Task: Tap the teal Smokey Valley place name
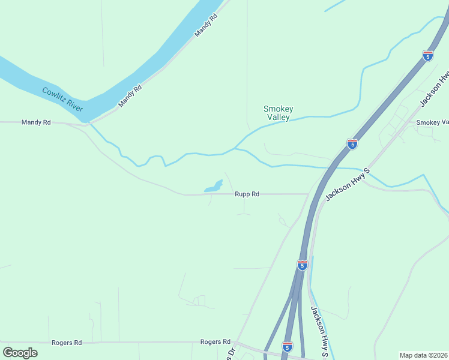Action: pyautogui.click(x=279, y=113)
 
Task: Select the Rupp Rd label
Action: pyautogui.click(x=247, y=194)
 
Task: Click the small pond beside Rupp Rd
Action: pyautogui.click(x=214, y=187)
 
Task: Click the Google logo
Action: pyautogui.click(x=20, y=353)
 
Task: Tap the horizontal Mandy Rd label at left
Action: pyautogui.click(x=36, y=122)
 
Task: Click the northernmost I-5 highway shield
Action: pyautogui.click(x=428, y=56)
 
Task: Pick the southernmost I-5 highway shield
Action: pyautogui.click(x=288, y=347)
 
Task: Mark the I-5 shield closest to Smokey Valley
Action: pyautogui.click(x=352, y=144)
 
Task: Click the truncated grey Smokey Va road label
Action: pyautogui.click(x=433, y=122)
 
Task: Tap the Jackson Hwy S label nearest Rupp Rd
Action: pyautogui.click(x=348, y=185)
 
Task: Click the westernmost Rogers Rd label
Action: pyautogui.click(x=67, y=343)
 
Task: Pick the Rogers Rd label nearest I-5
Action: pyautogui.click(x=215, y=341)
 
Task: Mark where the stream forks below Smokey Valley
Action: pyautogui.click(x=235, y=148)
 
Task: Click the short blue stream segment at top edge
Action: pyautogui.click(x=335, y=6)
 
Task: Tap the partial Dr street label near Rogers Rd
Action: pyautogui.click(x=229, y=353)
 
